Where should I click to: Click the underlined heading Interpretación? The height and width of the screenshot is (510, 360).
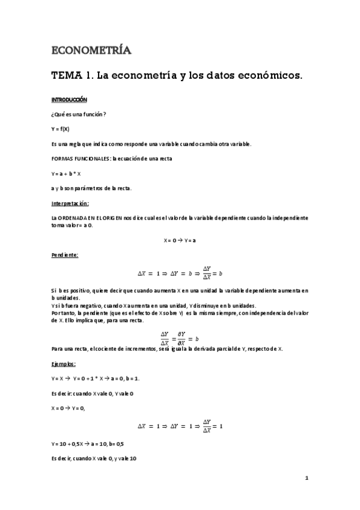[x=70, y=203]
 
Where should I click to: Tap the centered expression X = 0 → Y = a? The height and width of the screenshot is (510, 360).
[x=180, y=239]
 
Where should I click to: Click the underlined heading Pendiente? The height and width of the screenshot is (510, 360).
[x=64, y=255]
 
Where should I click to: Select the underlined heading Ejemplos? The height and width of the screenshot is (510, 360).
[x=63, y=363]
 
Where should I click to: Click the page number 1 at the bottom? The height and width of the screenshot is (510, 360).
[x=307, y=478]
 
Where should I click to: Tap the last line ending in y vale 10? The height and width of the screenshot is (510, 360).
[x=94, y=458]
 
